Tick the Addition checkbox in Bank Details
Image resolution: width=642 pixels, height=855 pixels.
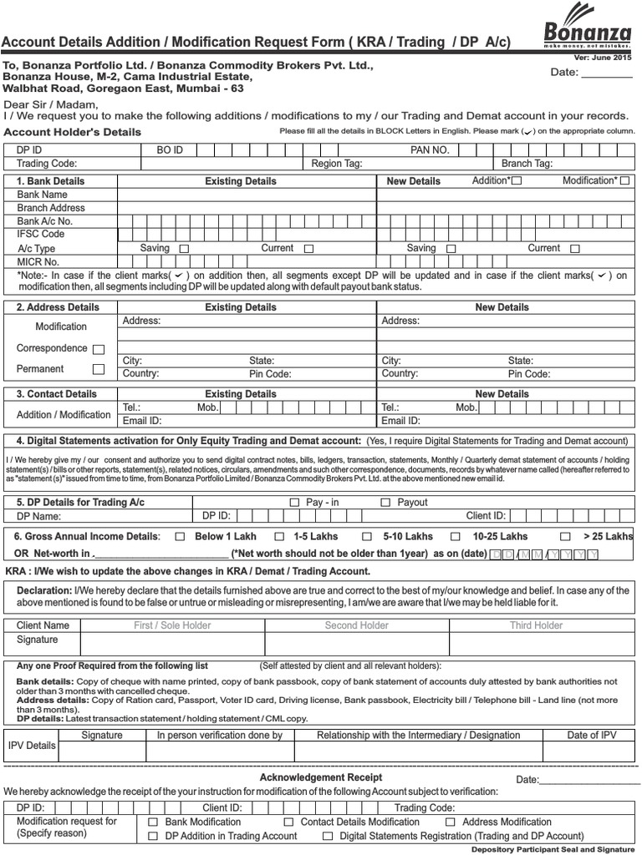[x=517, y=181]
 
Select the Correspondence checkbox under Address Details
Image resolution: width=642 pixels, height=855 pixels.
[x=99, y=349]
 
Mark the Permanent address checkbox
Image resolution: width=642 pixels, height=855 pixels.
[x=99, y=369]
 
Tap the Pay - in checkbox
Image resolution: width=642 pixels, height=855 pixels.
[x=293, y=503]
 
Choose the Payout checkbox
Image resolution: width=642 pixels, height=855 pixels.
[x=385, y=503]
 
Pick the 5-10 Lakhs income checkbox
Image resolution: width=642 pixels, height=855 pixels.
[x=367, y=537]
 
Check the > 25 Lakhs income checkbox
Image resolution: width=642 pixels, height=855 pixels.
[x=566, y=537]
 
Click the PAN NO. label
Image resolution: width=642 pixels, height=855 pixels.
[x=430, y=149]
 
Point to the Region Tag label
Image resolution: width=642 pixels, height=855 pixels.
[x=336, y=164]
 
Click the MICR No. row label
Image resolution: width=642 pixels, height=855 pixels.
[x=40, y=261]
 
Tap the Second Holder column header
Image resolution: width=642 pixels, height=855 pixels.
[x=357, y=625]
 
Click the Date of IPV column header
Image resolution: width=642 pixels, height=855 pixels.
[x=592, y=735]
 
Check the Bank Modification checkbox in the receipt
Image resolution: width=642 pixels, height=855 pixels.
[x=153, y=822]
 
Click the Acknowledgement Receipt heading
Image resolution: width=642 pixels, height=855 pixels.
[x=321, y=777]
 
